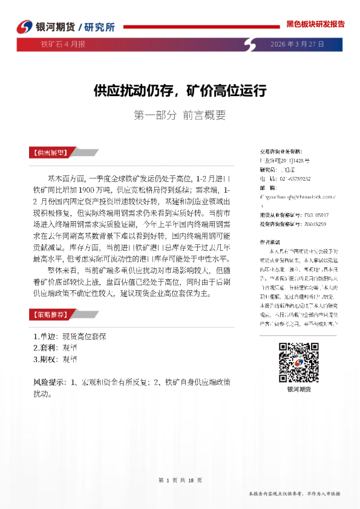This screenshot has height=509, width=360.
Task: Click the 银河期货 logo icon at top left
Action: click(x=22, y=27)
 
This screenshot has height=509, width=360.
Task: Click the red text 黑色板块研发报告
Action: click(x=315, y=24)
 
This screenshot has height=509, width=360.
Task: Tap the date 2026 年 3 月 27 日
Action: click(x=296, y=44)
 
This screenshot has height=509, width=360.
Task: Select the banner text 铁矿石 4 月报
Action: click(x=62, y=44)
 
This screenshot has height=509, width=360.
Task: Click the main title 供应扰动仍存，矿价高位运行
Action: click(x=180, y=91)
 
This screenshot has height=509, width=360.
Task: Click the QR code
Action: click(x=299, y=362)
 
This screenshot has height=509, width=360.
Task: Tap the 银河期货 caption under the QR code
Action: click(x=299, y=390)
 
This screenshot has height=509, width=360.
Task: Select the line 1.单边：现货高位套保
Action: click(x=70, y=336)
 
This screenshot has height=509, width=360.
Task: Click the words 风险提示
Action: click(x=50, y=382)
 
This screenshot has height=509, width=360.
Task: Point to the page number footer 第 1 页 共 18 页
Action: click(x=180, y=480)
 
